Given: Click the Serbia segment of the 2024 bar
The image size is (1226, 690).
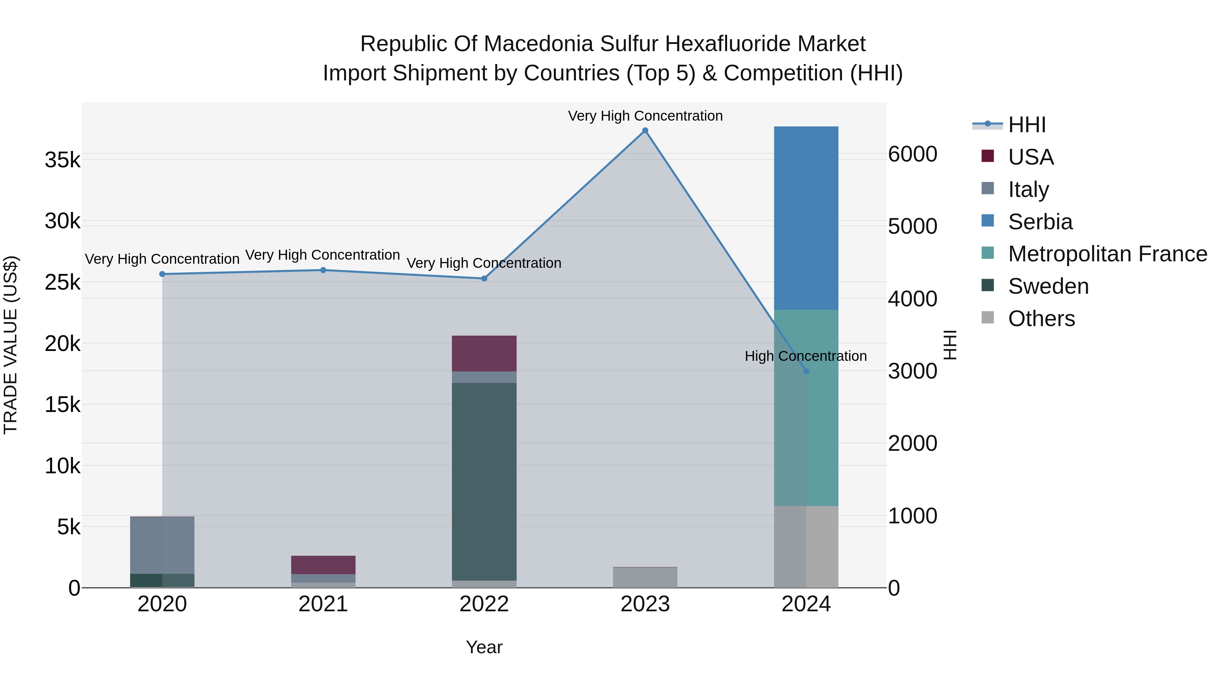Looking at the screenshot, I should point(806,218).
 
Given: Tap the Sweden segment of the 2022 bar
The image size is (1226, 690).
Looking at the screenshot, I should point(484,481).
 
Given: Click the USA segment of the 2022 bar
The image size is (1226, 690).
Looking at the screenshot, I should point(484,353).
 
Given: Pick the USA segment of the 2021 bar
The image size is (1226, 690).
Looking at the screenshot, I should point(323,564).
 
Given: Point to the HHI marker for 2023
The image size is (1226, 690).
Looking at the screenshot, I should point(645,131).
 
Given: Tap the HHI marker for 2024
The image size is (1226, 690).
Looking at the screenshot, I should point(806,371).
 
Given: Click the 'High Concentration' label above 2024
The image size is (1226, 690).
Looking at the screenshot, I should point(805,356).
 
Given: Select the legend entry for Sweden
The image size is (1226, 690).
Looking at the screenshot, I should point(1048,286).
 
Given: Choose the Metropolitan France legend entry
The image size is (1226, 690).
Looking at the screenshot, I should point(1107,254).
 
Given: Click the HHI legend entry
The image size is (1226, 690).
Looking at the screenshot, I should point(1026,125).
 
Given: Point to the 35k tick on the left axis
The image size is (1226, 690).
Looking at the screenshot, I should point(62,160).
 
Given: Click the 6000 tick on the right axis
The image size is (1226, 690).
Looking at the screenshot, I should point(912,154).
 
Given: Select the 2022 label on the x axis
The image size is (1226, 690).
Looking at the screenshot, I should point(484,604).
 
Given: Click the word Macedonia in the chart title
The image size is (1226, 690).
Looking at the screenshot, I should point(539,44).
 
